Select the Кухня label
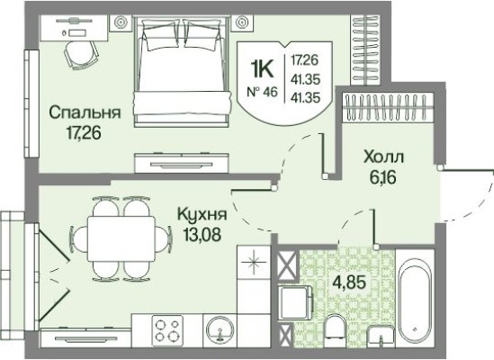(x=201, y=217)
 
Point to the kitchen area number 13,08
(x=201, y=235)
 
